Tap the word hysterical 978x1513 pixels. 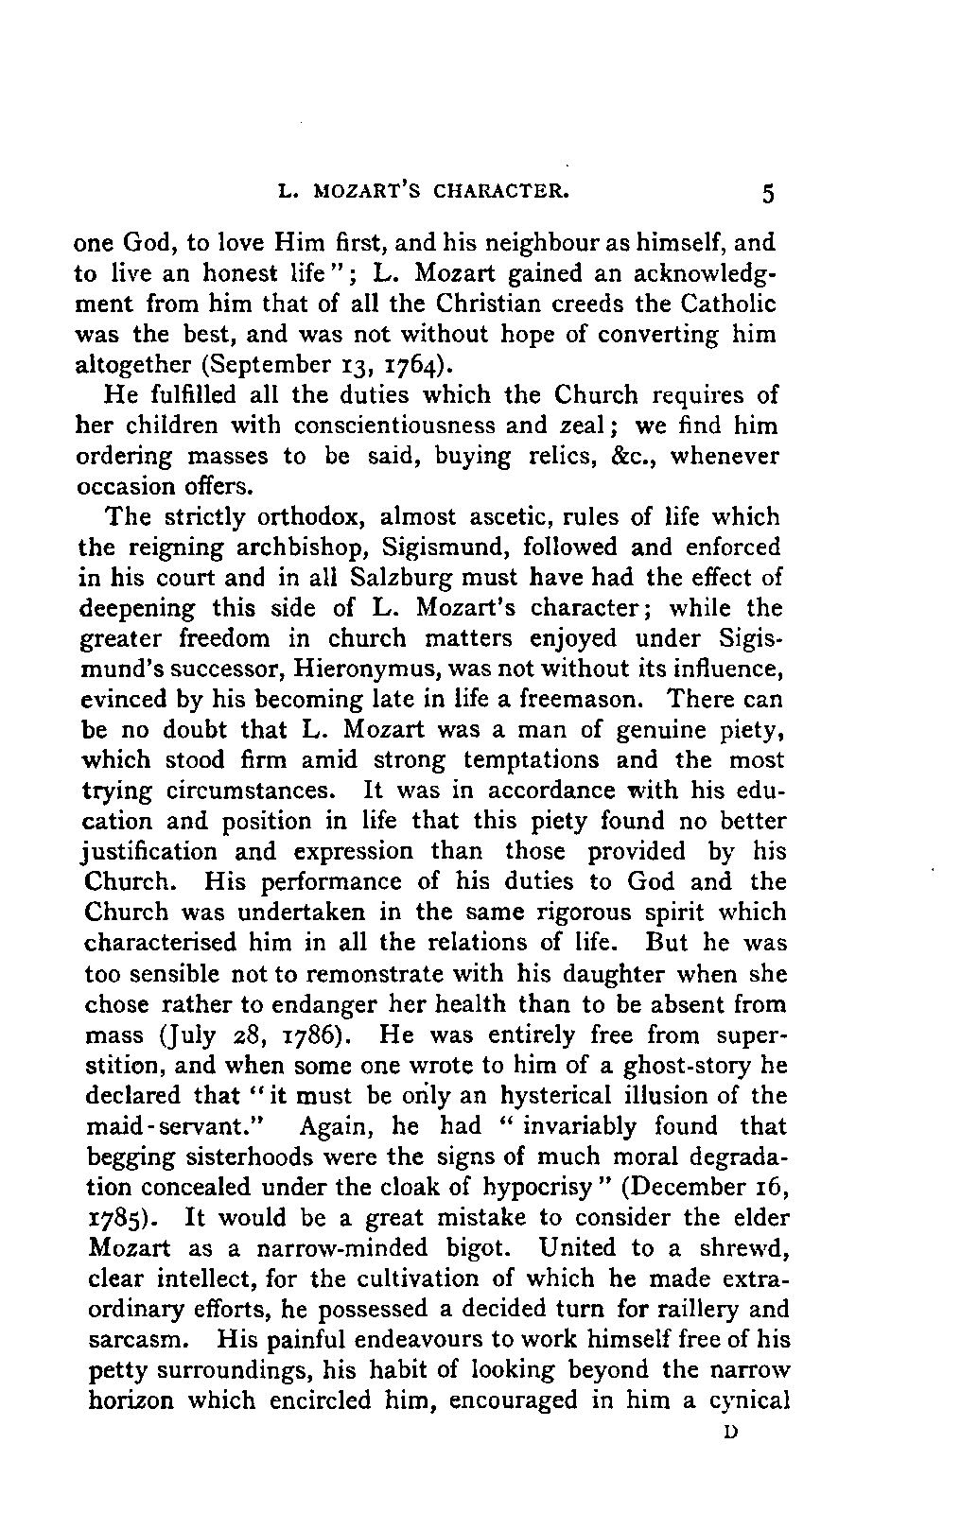547,1096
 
